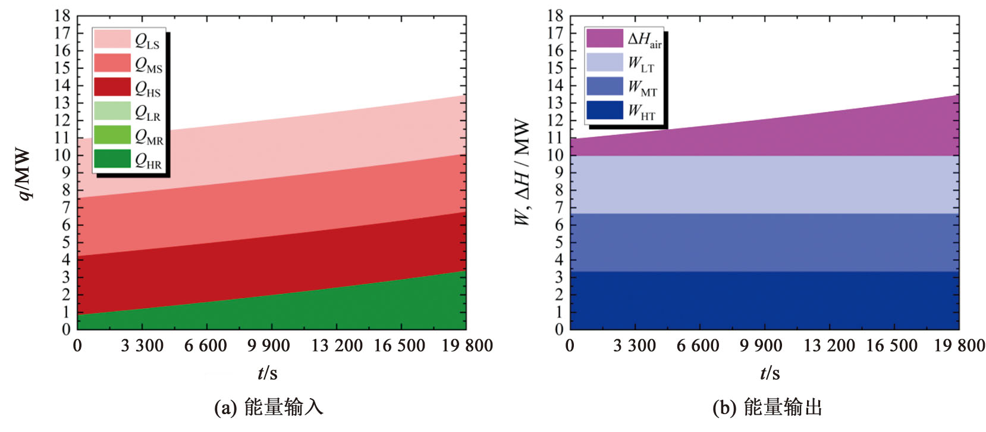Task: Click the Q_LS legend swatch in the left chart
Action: [x=112, y=39]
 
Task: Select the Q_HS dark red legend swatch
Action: [x=112, y=87]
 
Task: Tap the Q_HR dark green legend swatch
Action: [x=112, y=158]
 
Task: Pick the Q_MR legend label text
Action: [x=149, y=137]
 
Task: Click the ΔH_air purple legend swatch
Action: [x=604, y=39]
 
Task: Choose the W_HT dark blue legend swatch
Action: [x=604, y=110]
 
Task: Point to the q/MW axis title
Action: [x=24, y=174]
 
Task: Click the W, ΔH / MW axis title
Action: [x=522, y=173]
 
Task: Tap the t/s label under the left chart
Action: [x=268, y=373]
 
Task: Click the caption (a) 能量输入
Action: [x=269, y=408]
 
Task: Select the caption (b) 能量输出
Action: [x=767, y=408]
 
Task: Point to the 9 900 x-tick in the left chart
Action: [x=269, y=346]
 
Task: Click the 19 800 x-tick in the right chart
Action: [x=959, y=346]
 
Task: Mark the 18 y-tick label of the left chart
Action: [x=62, y=16]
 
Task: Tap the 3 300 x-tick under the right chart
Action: [x=635, y=346]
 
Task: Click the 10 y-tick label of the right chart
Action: [x=555, y=155]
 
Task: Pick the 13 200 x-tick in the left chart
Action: [x=337, y=346]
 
